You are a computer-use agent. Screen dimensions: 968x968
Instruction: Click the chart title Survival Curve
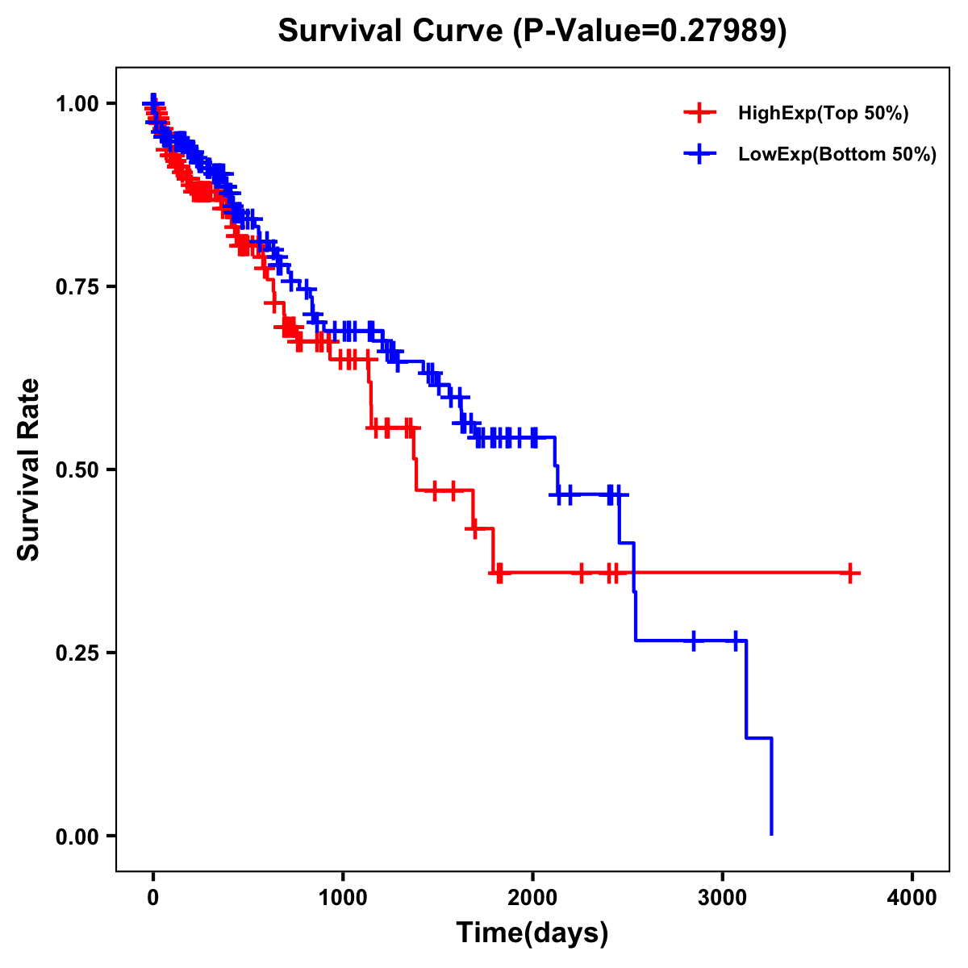click(393, 31)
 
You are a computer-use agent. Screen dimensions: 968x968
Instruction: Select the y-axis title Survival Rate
click(29, 469)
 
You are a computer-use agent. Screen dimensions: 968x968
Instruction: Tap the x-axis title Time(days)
click(532, 933)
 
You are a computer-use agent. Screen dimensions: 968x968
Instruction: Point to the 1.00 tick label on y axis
click(77, 103)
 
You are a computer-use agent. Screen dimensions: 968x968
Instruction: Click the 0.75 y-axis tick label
click(77, 286)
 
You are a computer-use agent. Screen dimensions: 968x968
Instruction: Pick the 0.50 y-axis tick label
click(77, 469)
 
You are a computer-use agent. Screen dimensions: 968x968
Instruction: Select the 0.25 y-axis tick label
click(77, 653)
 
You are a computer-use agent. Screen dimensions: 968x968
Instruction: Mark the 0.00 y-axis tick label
click(77, 836)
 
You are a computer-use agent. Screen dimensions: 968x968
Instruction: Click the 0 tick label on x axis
click(153, 898)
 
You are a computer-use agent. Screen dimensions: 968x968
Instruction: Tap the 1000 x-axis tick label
click(343, 898)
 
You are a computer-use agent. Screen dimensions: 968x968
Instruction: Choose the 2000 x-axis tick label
click(532, 898)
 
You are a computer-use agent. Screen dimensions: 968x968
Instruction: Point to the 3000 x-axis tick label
click(723, 898)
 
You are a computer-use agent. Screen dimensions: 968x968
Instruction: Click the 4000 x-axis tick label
click(912, 898)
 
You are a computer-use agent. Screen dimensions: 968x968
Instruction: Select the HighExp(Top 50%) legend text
click(824, 114)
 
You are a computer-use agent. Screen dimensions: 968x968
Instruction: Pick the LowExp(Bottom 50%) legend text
click(837, 154)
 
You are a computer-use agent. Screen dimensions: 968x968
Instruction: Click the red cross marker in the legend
click(700, 114)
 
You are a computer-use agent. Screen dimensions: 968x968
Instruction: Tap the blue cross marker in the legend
click(700, 154)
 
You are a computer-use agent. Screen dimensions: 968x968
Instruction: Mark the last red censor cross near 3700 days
click(849, 574)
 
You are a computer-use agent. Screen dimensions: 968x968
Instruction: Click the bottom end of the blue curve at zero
click(772, 833)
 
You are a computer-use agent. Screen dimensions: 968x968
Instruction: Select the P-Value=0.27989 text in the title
click(650, 31)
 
